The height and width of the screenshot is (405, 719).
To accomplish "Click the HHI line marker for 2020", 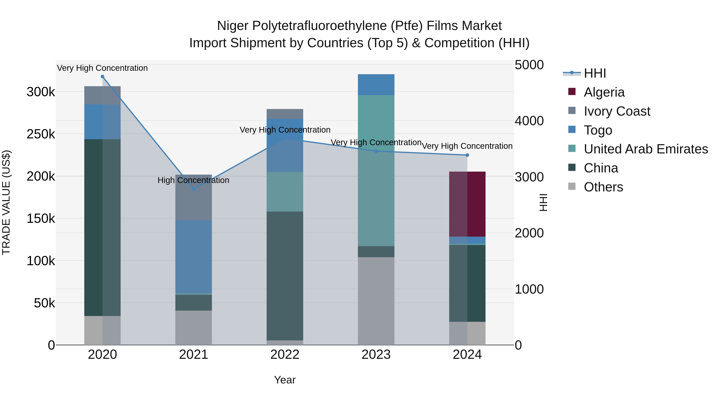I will coord(102,77).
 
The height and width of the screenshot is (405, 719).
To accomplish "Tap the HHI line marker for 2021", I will coord(194,189).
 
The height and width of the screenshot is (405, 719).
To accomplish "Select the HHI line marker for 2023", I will coord(376,151).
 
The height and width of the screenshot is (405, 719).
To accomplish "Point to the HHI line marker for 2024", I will coord(467,155).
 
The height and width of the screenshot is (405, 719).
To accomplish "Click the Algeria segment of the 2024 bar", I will coord(467,204).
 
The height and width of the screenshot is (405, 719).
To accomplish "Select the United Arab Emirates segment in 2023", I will coord(376,170).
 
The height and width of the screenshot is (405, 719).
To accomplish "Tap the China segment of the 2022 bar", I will coord(285,276).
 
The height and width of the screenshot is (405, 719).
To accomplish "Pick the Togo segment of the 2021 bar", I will coord(194,257).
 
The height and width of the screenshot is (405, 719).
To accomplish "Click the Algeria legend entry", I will coord(604,92).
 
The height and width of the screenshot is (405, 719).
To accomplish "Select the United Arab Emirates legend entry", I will coord(646,149).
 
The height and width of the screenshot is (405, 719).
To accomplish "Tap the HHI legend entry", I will coord(595,73).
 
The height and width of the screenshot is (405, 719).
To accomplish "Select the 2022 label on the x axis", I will coord(285,355).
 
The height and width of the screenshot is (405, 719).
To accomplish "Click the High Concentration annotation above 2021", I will coord(193,180).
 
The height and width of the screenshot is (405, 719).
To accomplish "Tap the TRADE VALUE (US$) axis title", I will coord(6,202).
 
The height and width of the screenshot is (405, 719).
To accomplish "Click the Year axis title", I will coord(285,380).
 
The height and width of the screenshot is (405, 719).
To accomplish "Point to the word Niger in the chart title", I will coord(233,26).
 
